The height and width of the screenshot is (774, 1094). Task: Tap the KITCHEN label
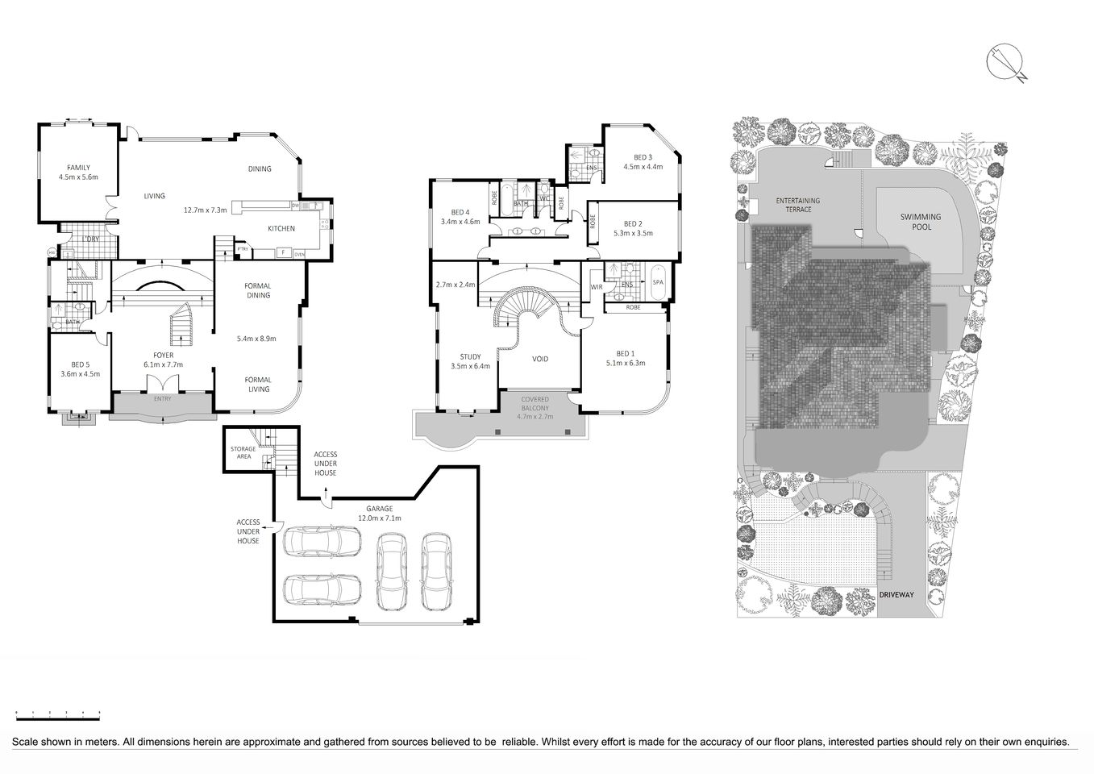281,228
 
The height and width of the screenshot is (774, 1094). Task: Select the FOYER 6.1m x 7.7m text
164,360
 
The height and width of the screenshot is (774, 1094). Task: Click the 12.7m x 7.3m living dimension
206,210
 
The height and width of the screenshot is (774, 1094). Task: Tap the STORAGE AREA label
243,452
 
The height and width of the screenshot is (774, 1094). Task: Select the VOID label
540,359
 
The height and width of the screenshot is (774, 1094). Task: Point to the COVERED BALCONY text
535,404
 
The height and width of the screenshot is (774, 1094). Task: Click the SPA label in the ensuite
657,282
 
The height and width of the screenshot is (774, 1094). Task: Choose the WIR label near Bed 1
597,286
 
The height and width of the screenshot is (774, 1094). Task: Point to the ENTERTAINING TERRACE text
793,205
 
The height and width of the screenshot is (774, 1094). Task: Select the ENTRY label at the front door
162,399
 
